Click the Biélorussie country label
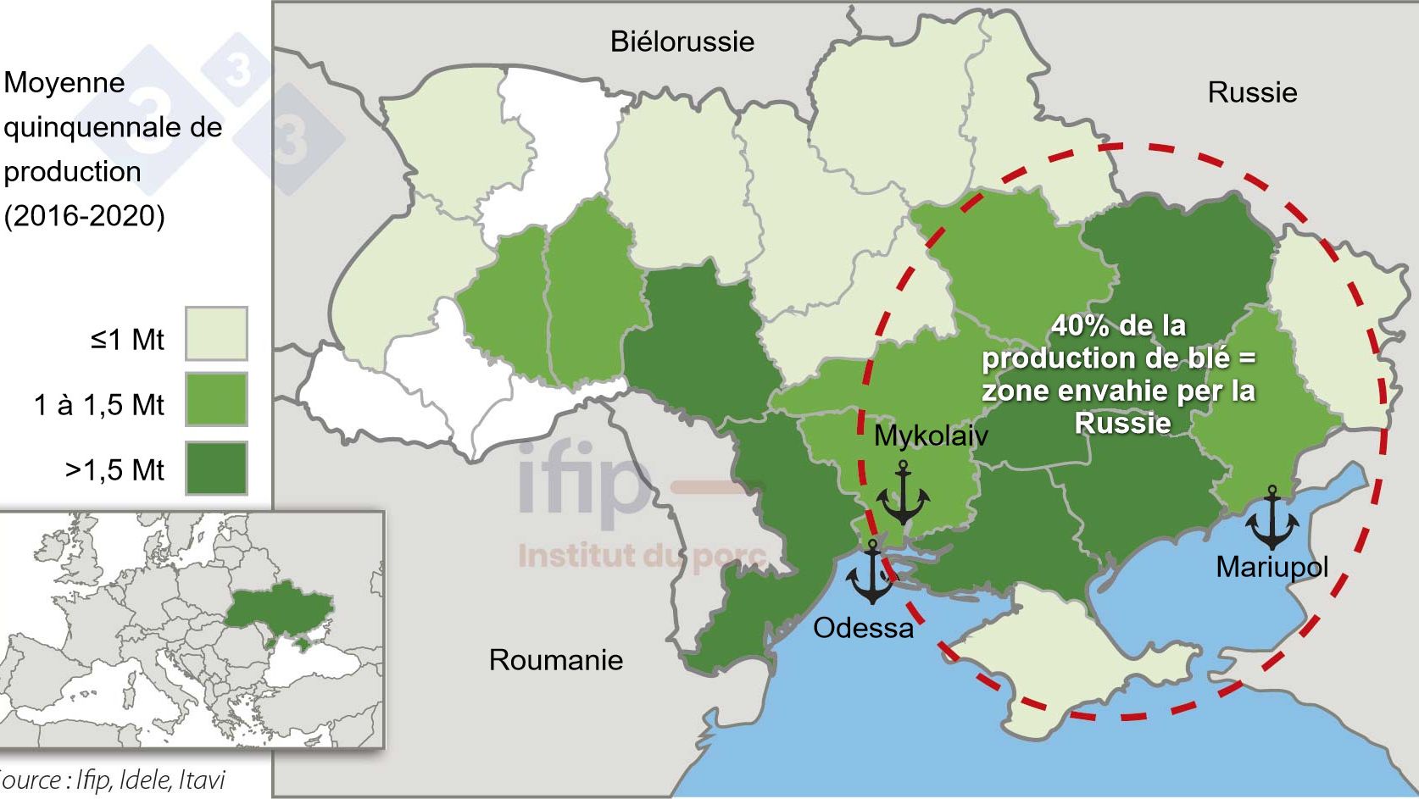point(682,42)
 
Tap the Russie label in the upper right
point(1252,92)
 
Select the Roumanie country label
point(556,660)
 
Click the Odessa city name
point(863,628)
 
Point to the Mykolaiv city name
point(931,436)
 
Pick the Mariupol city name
point(1272,566)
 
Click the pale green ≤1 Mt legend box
point(216,334)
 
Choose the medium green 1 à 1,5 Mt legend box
point(216,399)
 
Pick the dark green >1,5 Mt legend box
point(216,468)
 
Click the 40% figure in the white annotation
point(1078,326)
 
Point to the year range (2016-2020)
point(85,216)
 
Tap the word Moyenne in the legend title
point(64,83)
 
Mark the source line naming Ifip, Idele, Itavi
point(114,779)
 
